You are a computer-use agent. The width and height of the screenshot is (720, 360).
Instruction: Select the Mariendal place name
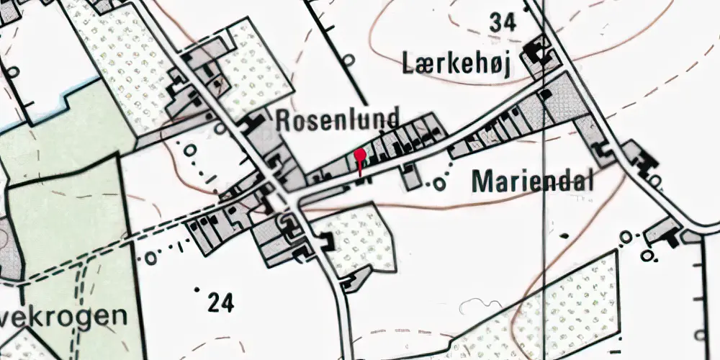coord(533,182)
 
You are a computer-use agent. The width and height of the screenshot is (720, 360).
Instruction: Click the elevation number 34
coord(503,23)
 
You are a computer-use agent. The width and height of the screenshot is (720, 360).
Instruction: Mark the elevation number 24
coord(221,304)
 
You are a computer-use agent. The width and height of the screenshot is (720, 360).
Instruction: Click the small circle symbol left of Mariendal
coord(438,185)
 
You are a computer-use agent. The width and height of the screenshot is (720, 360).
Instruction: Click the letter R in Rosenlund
coord(283,120)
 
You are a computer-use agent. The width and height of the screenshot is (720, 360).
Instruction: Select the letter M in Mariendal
coord(481,182)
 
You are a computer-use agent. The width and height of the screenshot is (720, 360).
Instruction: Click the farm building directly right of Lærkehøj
coord(536,54)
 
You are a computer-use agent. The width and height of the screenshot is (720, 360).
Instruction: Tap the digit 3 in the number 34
coord(496,23)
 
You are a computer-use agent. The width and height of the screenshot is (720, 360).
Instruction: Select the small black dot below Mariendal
coord(564,235)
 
